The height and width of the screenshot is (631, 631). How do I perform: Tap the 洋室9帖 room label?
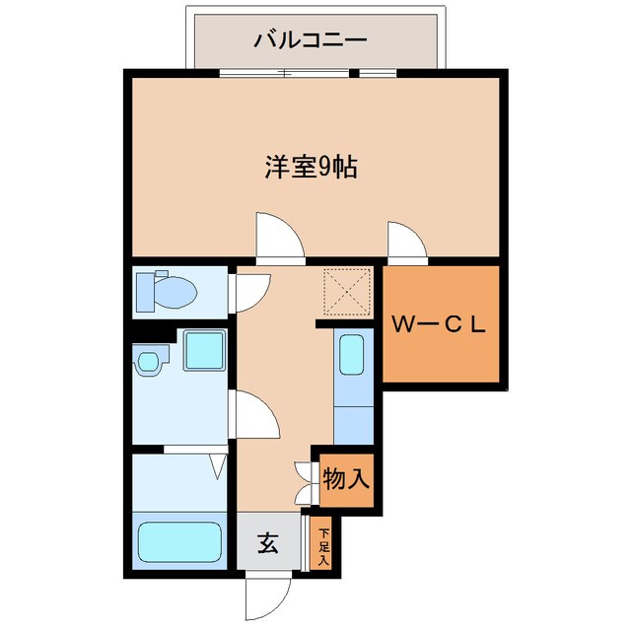(x=310, y=168)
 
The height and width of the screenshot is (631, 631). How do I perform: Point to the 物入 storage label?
(x=346, y=480)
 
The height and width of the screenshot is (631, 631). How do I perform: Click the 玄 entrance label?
(x=267, y=541)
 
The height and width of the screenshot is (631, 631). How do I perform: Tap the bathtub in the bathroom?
(x=179, y=540)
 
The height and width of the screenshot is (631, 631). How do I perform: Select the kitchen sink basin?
(x=353, y=355)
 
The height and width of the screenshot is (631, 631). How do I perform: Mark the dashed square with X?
(x=346, y=291)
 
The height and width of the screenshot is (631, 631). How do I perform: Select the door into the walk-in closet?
(x=405, y=243)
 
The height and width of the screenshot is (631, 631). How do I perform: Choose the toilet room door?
(x=250, y=291)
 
